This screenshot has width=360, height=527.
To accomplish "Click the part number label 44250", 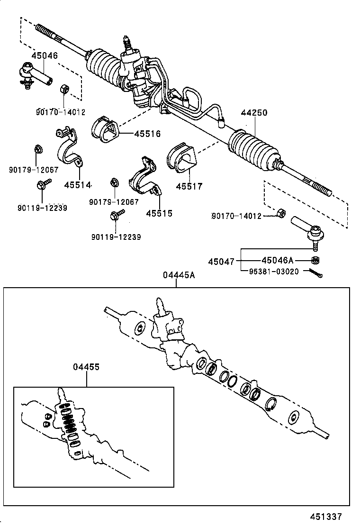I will tap(254, 113).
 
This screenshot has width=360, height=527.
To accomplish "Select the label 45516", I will tap(147, 134).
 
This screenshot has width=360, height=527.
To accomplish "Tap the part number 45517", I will tap(189, 186).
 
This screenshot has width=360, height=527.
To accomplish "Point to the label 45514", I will tap(78, 185).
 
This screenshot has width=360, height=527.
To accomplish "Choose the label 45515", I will tap(159, 213).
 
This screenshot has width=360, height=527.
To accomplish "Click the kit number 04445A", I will tap(179, 276).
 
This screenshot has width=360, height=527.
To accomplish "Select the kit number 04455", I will tap(86, 367).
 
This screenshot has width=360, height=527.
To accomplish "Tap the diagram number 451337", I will tap(326, 517).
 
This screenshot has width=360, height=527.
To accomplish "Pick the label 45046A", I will tap(277, 260).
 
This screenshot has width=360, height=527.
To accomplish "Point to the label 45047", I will tap(221, 262).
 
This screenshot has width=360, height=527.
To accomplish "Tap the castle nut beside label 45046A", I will tap(315, 260).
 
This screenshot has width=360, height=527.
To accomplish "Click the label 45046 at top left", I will tap(45, 56).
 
